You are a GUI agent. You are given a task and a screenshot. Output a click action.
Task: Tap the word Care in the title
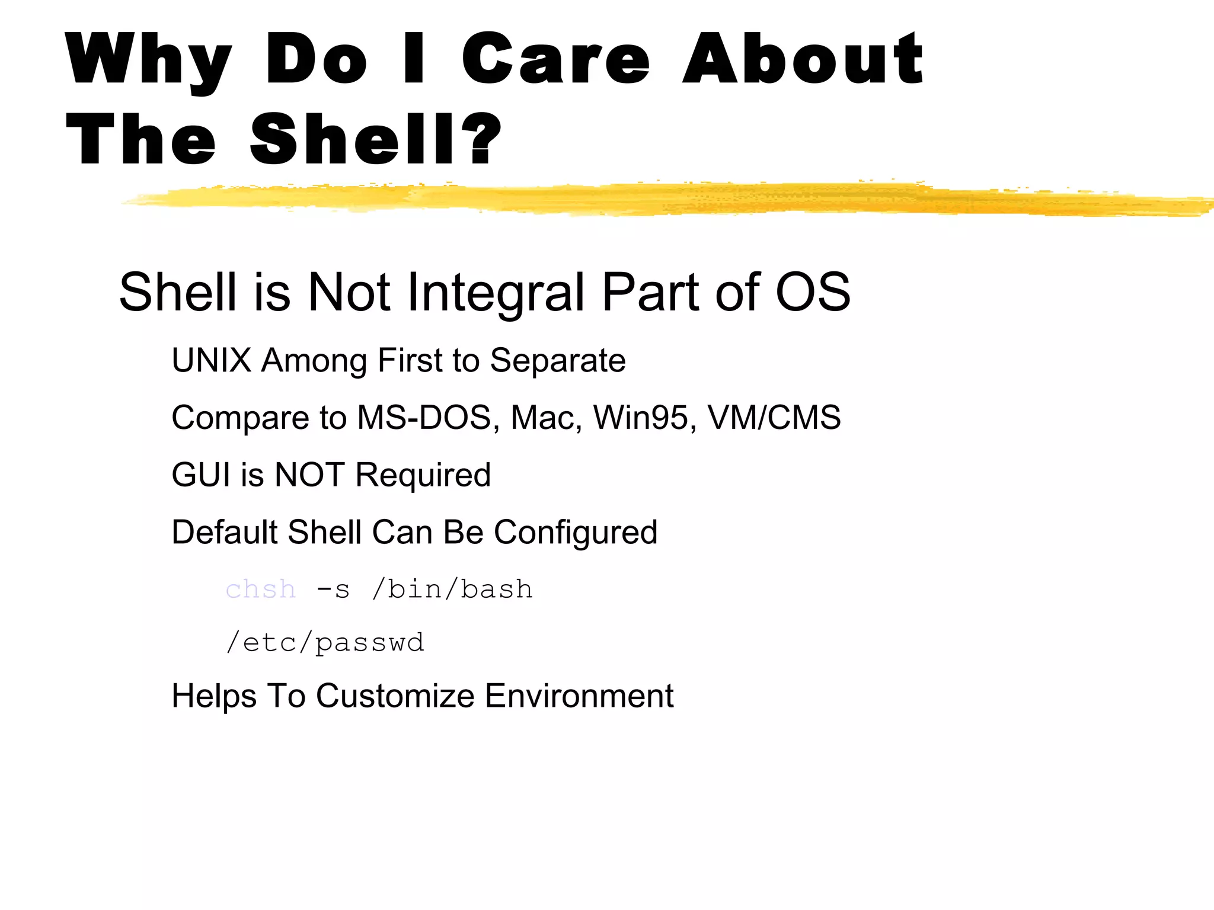tap(555, 59)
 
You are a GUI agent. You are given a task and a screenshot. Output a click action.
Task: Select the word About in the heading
tap(803, 59)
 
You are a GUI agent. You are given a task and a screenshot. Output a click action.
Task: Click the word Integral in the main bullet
tap(497, 292)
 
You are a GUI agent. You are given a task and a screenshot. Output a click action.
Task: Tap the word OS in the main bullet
tap(813, 291)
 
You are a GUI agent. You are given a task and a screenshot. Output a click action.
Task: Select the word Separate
tap(558, 361)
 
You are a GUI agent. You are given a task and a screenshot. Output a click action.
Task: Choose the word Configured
tap(576, 533)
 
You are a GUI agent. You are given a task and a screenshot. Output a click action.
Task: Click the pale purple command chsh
tap(261, 589)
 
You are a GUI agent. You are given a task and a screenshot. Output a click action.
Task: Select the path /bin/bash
tap(452, 589)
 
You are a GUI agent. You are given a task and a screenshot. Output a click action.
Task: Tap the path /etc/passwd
tap(325, 643)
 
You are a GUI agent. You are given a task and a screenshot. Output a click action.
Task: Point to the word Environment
tap(579, 696)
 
